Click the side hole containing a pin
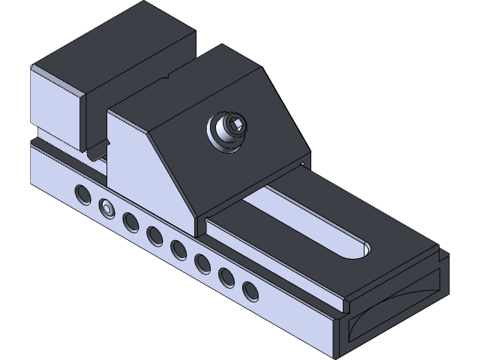(106, 208)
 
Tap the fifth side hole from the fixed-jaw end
(178, 249)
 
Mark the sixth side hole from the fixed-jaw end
(202, 262)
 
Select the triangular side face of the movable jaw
(154, 176)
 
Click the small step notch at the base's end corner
(344, 306)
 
